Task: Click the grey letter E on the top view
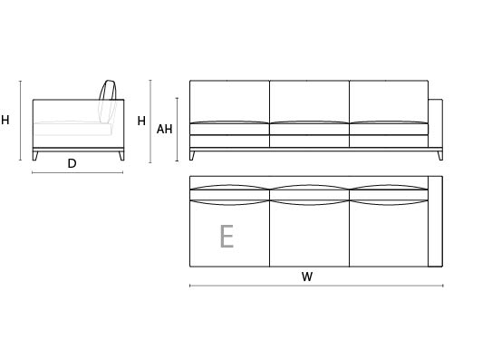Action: (x=227, y=237)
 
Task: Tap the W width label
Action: (x=307, y=277)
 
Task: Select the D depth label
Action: (x=72, y=163)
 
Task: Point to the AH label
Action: (x=164, y=129)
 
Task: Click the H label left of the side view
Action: (x=5, y=120)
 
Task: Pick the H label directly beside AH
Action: (x=141, y=121)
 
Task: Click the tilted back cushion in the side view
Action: (x=108, y=102)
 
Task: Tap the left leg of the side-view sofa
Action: (x=35, y=156)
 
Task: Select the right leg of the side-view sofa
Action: (x=121, y=156)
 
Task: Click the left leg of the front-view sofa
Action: (x=192, y=156)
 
